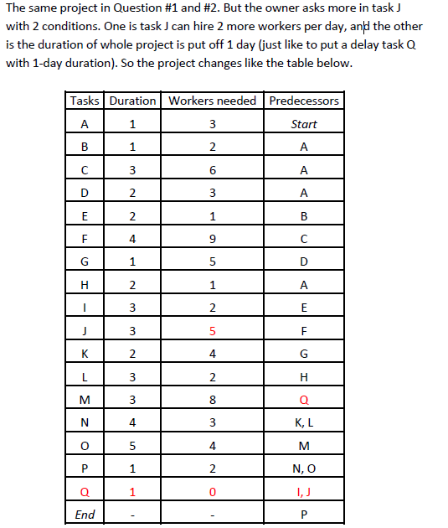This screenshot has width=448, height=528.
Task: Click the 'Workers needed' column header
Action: coord(213,101)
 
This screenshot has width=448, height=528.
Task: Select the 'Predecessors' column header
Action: coord(304,101)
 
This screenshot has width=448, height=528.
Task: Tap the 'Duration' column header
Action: coord(132,101)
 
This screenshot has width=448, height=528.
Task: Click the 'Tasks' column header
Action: coord(85,101)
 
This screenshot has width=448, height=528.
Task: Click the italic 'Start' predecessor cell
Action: coord(304,124)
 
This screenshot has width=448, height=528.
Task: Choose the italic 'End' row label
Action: coord(85,515)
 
